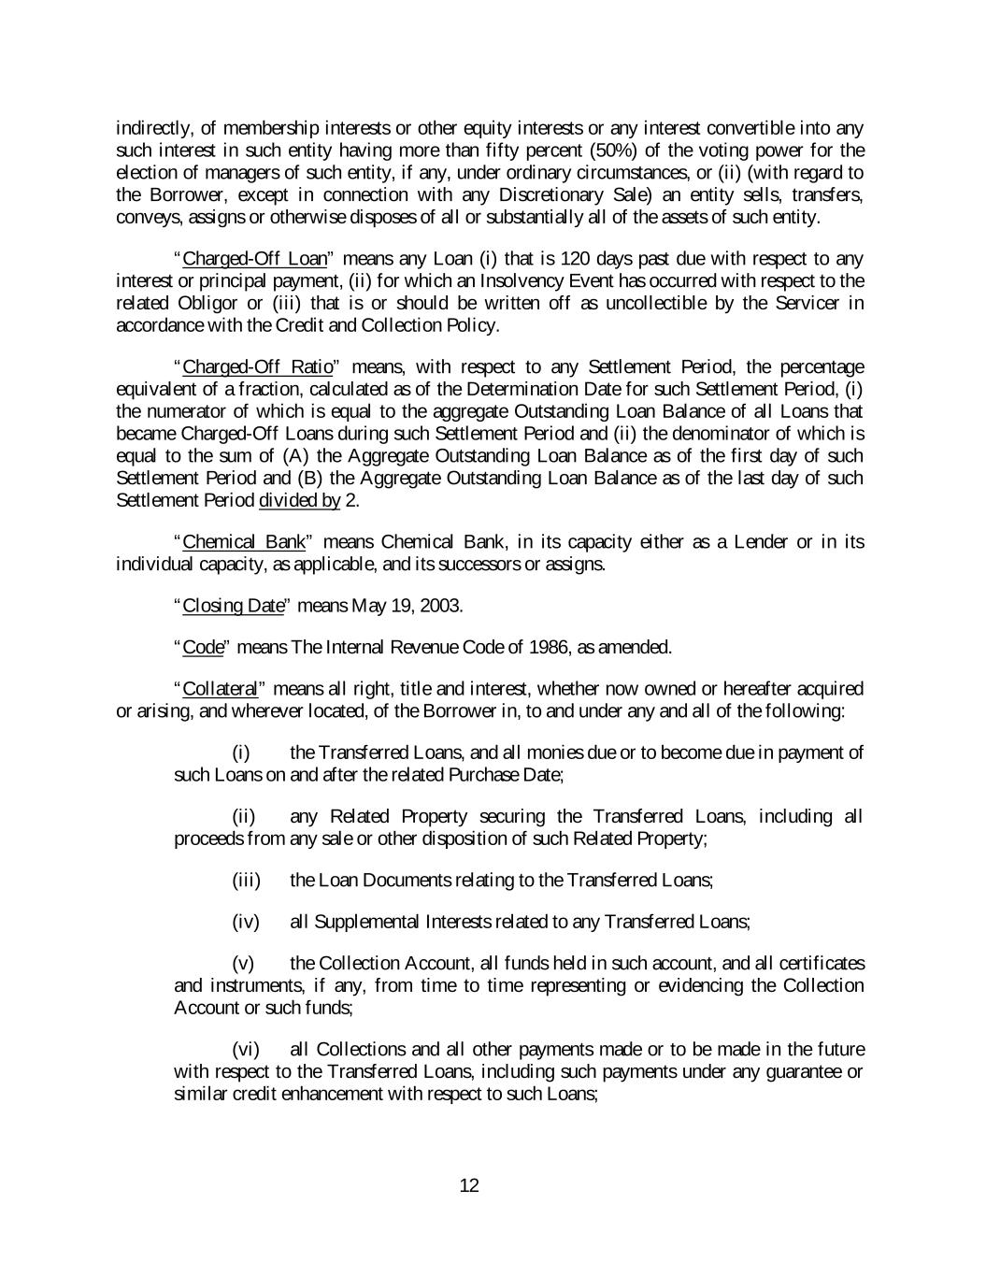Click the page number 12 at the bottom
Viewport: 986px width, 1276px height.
pyautogui.click(x=469, y=1186)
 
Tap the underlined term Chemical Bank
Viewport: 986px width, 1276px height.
pyautogui.click(x=244, y=542)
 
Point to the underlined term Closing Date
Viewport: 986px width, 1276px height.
pyautogui.click(x=233, y=606)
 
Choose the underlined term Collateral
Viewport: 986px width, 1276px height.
pyautogui.click(x=220, y=689)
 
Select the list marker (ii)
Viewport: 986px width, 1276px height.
pyautogui.click(x=243, y=816)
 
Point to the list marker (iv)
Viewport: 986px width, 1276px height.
pyautogui.click(x=245, y=922)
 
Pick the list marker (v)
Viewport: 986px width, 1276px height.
pyautogui.click(x=242, y=963)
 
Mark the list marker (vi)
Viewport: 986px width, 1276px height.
pyautogui.click(x=245, y=1049)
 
